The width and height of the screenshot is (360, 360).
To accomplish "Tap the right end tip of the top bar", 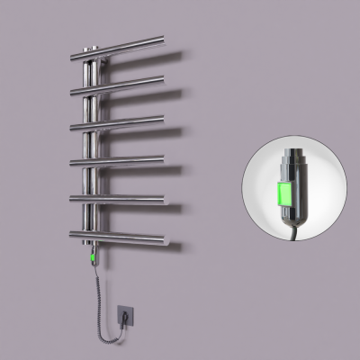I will [163, 39].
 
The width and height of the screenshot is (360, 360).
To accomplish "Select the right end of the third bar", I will [164, 116].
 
